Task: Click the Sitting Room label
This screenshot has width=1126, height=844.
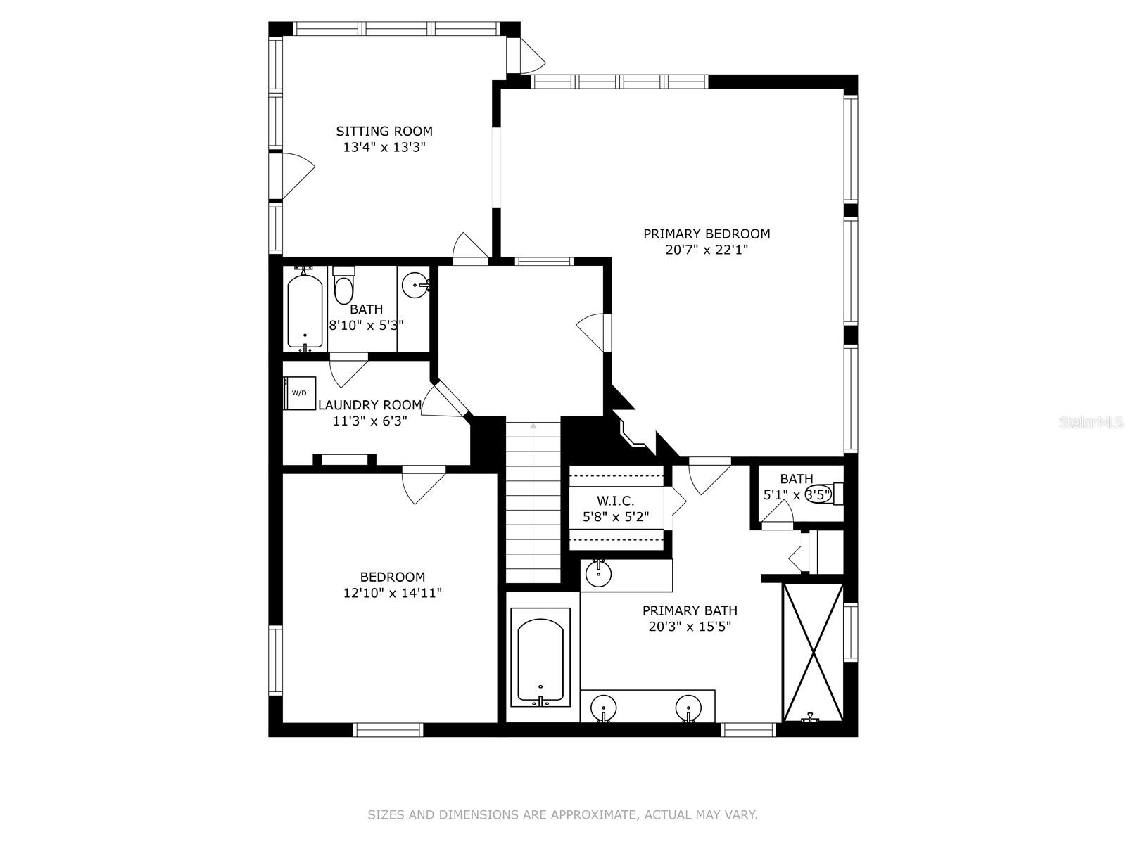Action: [384, 131]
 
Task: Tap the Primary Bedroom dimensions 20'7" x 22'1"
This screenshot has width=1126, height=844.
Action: [707, 250]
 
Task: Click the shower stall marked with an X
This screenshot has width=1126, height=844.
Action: [813, 652]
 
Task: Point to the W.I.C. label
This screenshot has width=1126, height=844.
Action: [616, 501]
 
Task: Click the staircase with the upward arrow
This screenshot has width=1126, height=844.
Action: [533, 499]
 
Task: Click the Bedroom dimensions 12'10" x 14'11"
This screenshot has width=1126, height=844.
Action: [392, 593]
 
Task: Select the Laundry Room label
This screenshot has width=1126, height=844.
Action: [370, 405]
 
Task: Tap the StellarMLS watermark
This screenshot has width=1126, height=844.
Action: [1091, 423]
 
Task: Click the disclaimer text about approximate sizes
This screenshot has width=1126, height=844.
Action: [562, 815]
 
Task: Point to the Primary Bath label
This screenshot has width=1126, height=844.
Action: [690, 610]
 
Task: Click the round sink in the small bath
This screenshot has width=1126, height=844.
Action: [415, 286]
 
